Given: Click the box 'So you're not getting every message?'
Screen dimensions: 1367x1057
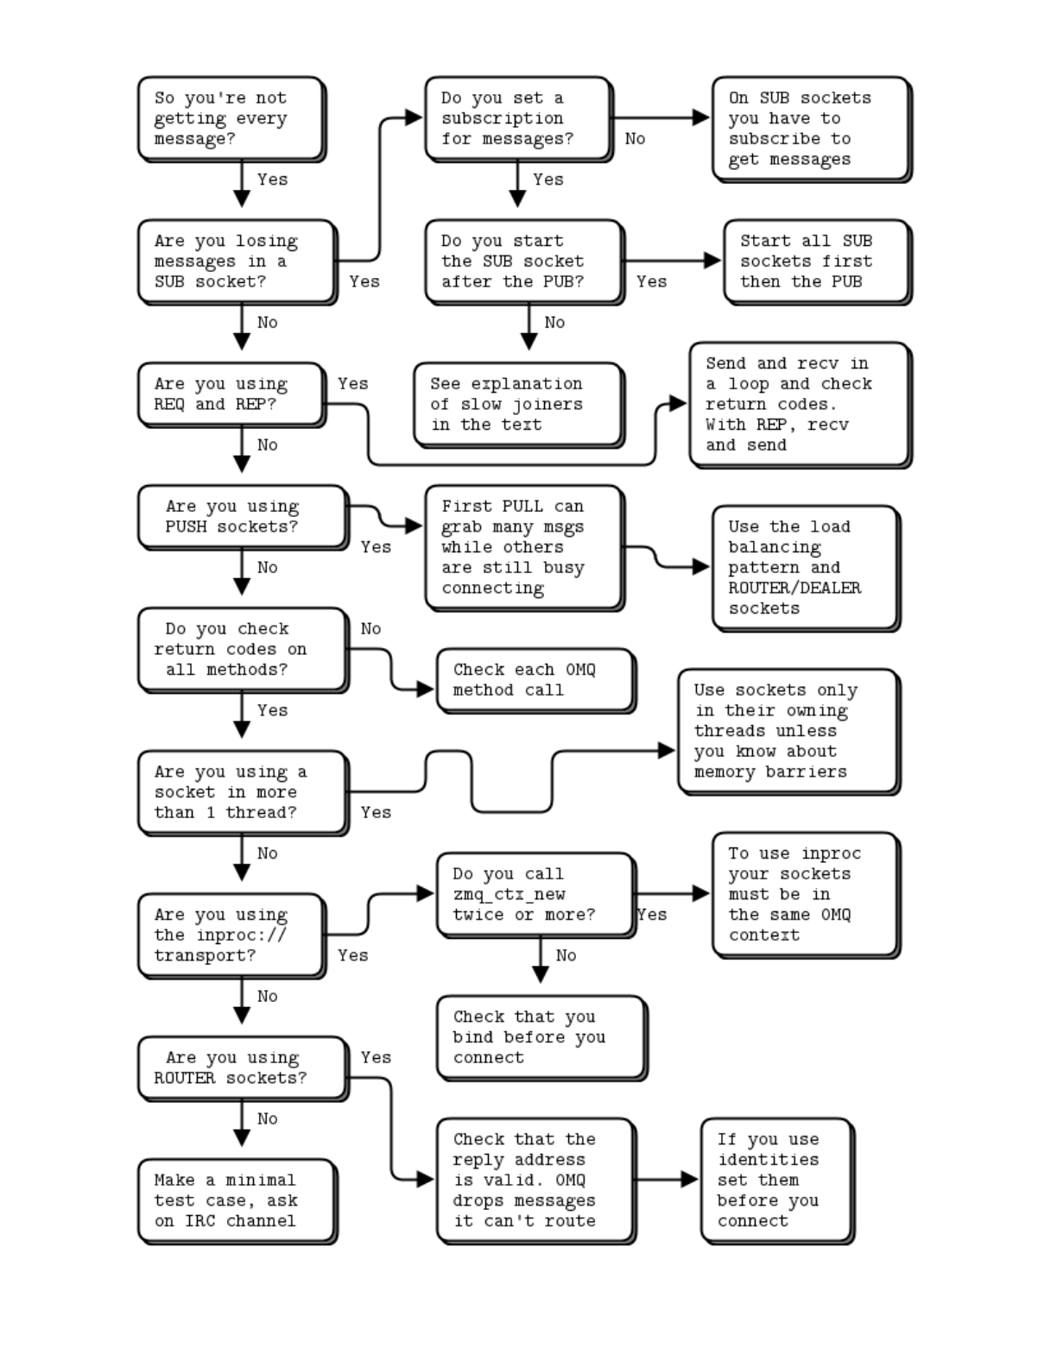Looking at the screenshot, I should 231,119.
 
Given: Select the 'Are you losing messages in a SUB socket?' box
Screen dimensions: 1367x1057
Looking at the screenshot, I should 237,261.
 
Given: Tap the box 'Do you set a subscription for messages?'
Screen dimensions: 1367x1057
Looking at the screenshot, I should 517,119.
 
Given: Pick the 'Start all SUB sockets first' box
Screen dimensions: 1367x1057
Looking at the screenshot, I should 816,261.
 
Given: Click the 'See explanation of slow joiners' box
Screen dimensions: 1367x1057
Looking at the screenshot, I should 518,404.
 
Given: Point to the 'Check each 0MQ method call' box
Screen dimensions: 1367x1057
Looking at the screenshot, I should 535,680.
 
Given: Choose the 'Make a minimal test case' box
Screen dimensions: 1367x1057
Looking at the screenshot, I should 237,1200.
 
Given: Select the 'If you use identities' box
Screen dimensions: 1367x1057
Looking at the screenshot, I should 776,1180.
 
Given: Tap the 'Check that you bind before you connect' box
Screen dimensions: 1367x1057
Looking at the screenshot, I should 541,1037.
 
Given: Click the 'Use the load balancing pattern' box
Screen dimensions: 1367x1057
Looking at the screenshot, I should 805,567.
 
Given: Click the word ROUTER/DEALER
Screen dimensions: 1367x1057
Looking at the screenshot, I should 794,588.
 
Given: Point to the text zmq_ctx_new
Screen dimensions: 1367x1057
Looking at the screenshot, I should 509,895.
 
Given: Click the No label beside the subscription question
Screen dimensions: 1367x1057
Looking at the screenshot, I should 635,139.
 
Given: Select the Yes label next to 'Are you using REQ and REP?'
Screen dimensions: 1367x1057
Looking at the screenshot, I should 352,383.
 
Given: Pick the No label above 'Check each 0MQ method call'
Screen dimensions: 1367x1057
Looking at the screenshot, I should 370,629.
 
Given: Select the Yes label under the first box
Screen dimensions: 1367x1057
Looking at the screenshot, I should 272,180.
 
